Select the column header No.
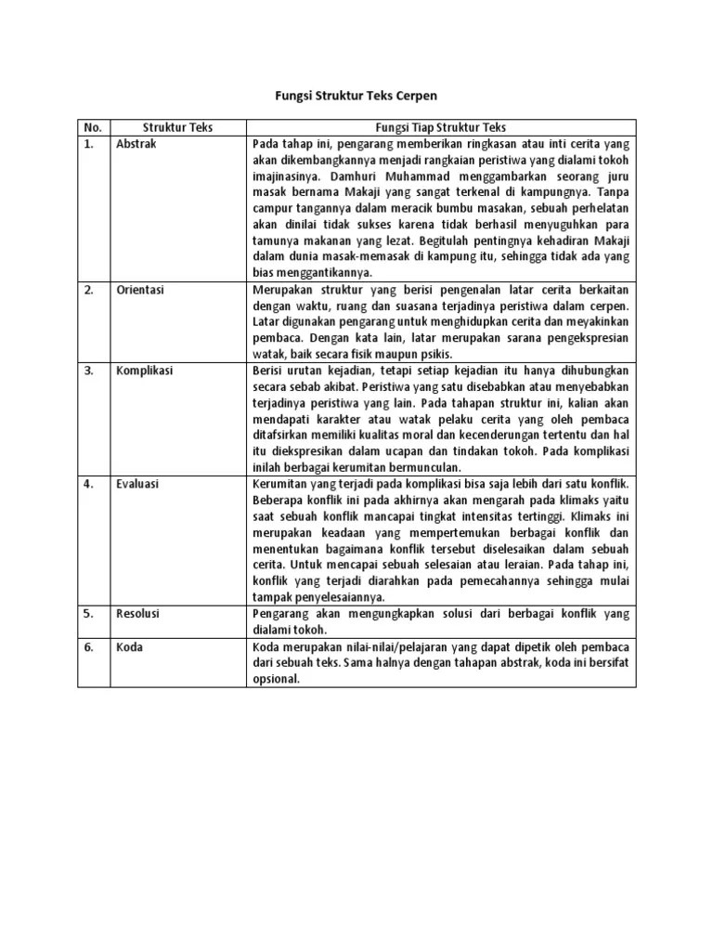[92, 127]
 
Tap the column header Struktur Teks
[177, 127]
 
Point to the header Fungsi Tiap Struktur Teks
[441, 127]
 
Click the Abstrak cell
[136, 144]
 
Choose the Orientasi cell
[140, 290]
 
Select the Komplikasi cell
[145, 371]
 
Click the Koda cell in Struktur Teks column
[130, 646]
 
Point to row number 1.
[89, 144]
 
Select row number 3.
[89, 371]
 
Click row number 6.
[89, 646]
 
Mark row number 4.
[89, 484]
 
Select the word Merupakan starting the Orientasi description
[284, 290]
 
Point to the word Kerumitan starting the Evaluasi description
[281, 484]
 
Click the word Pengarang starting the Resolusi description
[282, 614]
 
